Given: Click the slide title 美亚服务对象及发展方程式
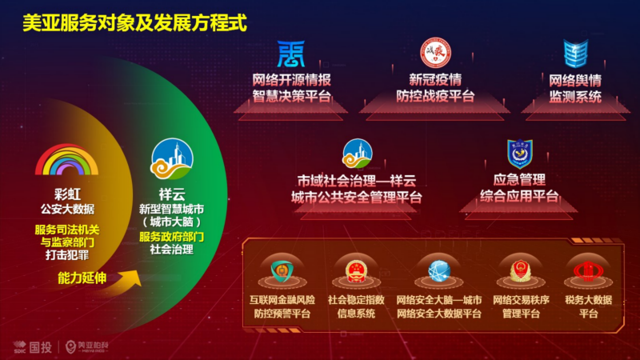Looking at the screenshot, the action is [x=134, y=22].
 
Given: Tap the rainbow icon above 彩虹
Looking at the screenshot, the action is [x=67, y=159].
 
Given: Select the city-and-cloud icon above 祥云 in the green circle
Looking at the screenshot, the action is [x=172, y=159].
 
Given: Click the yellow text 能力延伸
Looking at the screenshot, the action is [x=82, y=278].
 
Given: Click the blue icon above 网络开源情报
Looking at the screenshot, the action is [x=291, y=54].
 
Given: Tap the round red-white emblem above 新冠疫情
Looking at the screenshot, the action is [x=435, y=53].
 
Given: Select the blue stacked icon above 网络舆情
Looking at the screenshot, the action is [x=575, y=54].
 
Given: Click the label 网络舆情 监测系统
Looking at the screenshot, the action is [x=575, y=89].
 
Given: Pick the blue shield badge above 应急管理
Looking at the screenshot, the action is [x=519, y=154].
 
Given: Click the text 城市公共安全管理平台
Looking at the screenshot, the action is [x=357, y=198].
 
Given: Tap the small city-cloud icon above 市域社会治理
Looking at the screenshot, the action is [x=358, y=154].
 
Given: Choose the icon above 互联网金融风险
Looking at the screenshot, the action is [x=282, y=271].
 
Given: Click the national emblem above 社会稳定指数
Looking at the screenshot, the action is [x=356, y=271].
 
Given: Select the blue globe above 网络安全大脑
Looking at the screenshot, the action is [x=439, y=270].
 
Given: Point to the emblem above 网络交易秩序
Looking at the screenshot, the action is [x=521, y=271].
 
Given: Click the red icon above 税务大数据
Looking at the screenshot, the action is [x=588, y=270].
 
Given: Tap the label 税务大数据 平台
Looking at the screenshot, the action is [x=588, y=306].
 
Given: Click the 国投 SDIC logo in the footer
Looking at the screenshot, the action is [x=33, y=347].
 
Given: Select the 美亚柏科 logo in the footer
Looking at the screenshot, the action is [x=87, y=346].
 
